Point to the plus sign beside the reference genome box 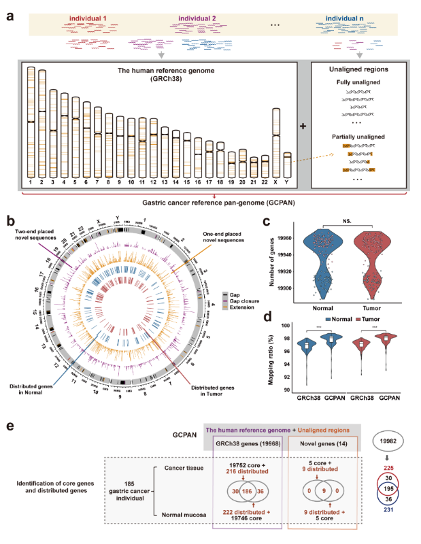[302, 126]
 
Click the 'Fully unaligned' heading [348, 82]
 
